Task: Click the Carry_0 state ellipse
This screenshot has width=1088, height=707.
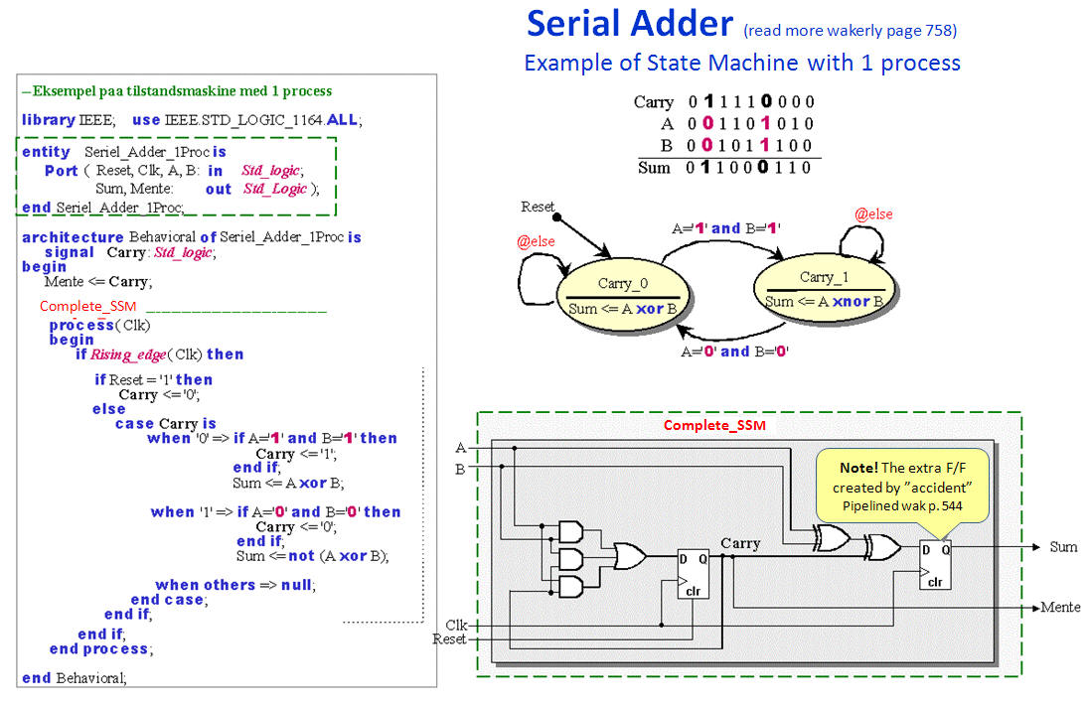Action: pos(622,296)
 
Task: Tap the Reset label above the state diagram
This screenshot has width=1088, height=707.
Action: pos(538,207)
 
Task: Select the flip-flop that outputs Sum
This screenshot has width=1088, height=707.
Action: pos(935,565)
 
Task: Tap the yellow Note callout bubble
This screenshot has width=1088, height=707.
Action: pos(902,486)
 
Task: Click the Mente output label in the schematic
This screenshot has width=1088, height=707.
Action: pos(1060,607)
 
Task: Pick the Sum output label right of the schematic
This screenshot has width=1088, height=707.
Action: pos(1063,547)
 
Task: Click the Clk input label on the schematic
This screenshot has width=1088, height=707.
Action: pos(456,625)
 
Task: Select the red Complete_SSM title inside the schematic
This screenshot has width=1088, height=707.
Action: pos(714,425)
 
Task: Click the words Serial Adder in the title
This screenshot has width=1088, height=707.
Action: pos(630,24)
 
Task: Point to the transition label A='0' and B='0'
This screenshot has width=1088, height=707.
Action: pos(735,352)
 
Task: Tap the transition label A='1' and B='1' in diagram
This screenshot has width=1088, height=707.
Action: pos(725,228)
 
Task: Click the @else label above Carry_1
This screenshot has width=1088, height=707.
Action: pos(873,214)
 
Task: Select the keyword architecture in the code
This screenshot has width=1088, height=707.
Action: pos(73,237)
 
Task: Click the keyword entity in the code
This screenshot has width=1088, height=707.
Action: pos(46,152)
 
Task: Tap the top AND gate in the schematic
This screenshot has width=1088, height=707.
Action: pos(571,532)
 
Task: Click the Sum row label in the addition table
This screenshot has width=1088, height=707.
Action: pos(654,167)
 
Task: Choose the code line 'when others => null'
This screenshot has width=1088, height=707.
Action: pos(235,584)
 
